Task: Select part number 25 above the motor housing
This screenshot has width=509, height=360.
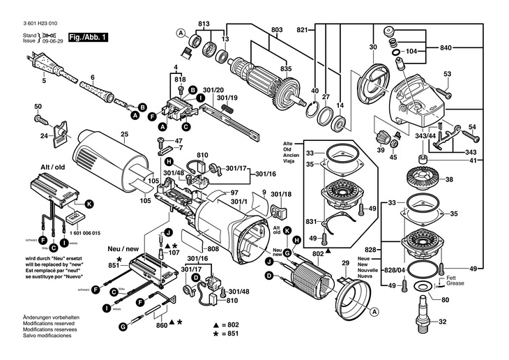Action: (x=125, y=134)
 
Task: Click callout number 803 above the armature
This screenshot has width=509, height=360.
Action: (x=277, y=29)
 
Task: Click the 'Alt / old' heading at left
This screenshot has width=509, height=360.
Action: (x=53, y=167)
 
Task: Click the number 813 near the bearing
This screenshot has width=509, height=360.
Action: (x=203, y=24)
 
